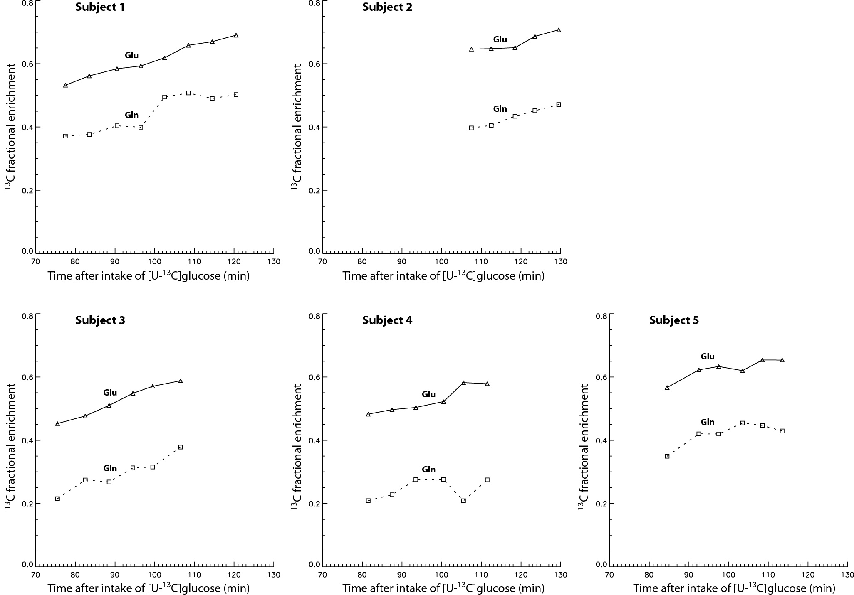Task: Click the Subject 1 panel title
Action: tap(100, 7)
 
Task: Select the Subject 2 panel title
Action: tap(387, 7)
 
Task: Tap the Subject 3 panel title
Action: tap(100, 320)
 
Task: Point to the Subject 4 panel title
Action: tap(387, 320)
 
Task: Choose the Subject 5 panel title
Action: tap(674, 320)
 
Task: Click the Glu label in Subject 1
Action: tap(131, 55)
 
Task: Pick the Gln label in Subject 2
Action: tap(500, 109)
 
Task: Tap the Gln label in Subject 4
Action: tap(428, 470)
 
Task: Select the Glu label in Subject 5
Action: tap(707, 357)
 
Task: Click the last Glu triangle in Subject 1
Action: tap(236, 35)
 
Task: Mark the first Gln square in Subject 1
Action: tap(65, 136)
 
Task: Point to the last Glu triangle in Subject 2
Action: tap(559, 30)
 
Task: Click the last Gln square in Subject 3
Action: tap(181, 447)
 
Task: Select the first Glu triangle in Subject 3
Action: tap(57, 423)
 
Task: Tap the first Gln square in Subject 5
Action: tap(667, 456)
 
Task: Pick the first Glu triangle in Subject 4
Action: tap(368, 414)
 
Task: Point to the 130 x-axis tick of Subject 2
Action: tap(560, 262)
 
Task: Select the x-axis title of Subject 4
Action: tap(443, 588)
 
